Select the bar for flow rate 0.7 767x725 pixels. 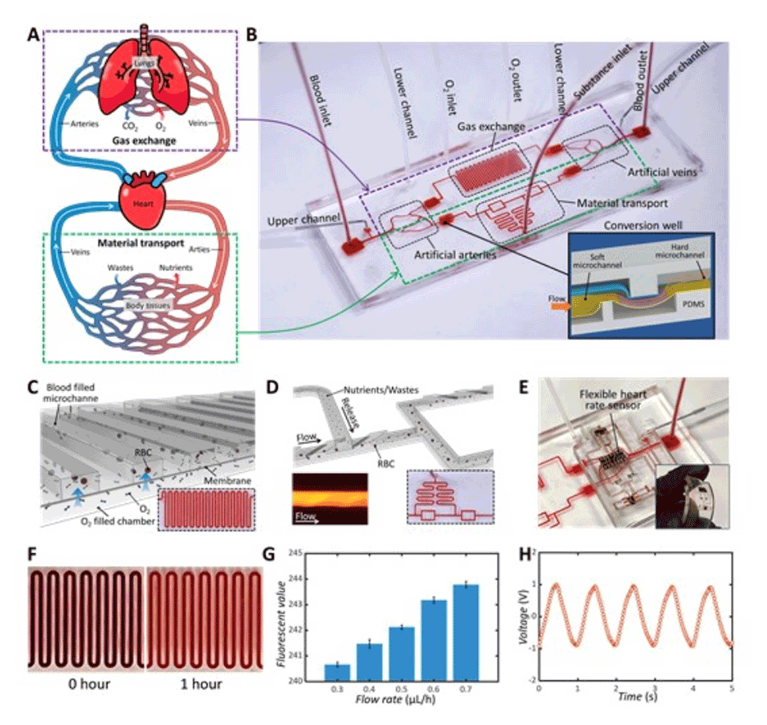pyautogui.click(x=465, y=633)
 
